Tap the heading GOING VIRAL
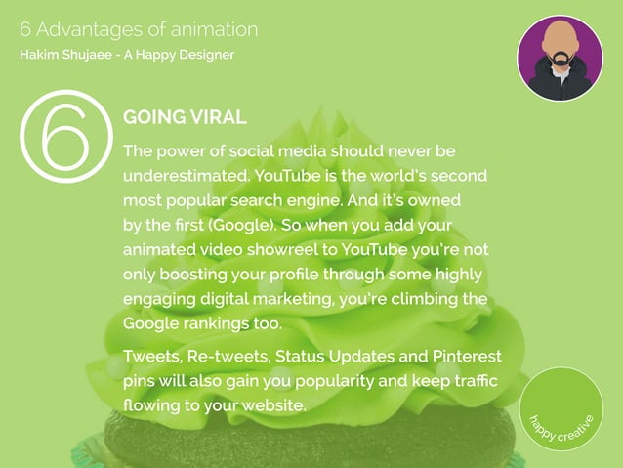click(x=185, y=118)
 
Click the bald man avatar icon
click(x=560, y=58)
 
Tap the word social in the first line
click(x=252, y=152)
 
